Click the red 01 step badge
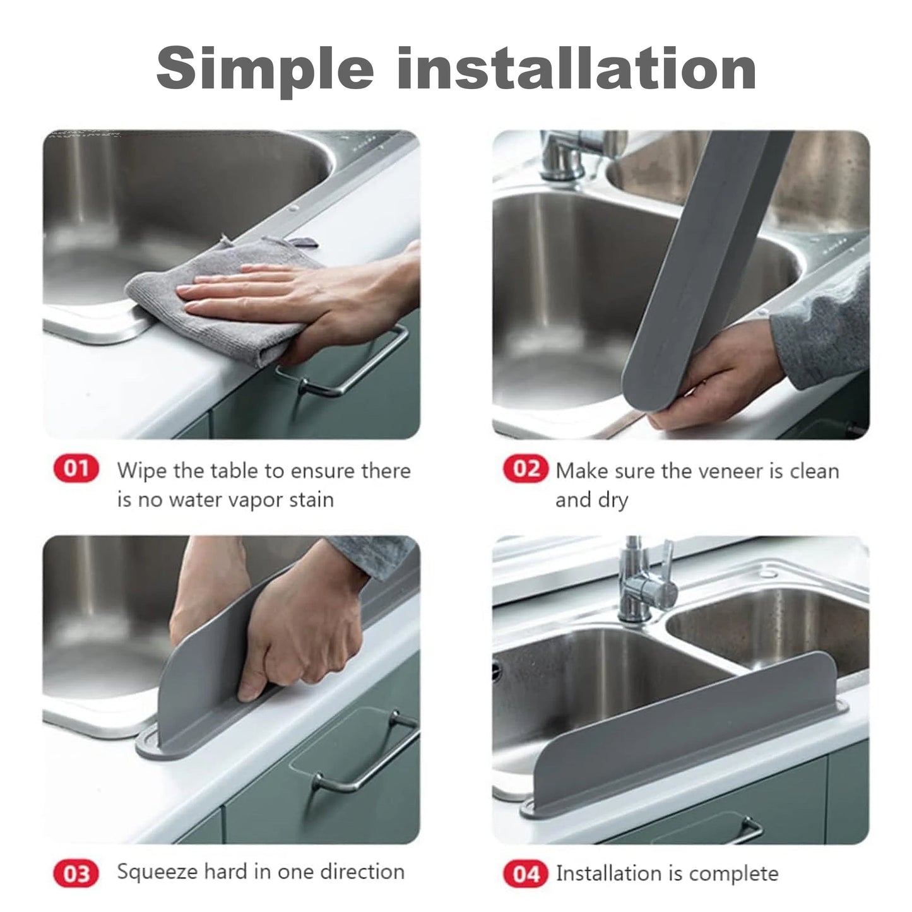click(x=76, y=470)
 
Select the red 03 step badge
click(x=76, y=874)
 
